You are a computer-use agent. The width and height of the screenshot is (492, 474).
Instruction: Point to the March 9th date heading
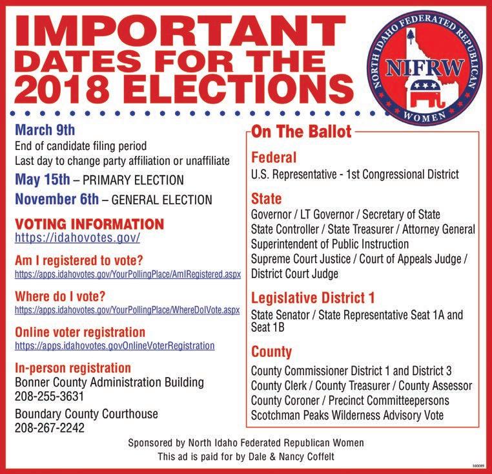coord(45,129)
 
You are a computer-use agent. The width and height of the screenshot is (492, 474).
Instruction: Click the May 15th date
coord(42,179)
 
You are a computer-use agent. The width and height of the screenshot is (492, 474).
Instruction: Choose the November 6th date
coord(57,199)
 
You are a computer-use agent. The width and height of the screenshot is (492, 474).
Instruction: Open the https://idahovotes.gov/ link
coord(77,238)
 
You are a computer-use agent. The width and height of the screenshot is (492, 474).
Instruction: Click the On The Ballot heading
coord(302,132)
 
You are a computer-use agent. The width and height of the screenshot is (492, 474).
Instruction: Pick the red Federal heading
coord(274,157)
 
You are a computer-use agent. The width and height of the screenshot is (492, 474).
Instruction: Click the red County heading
coord(271,352)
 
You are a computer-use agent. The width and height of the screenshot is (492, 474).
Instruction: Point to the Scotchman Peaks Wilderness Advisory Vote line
coord(347,415)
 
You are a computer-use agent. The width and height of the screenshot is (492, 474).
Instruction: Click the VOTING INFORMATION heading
coord(89,224)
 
